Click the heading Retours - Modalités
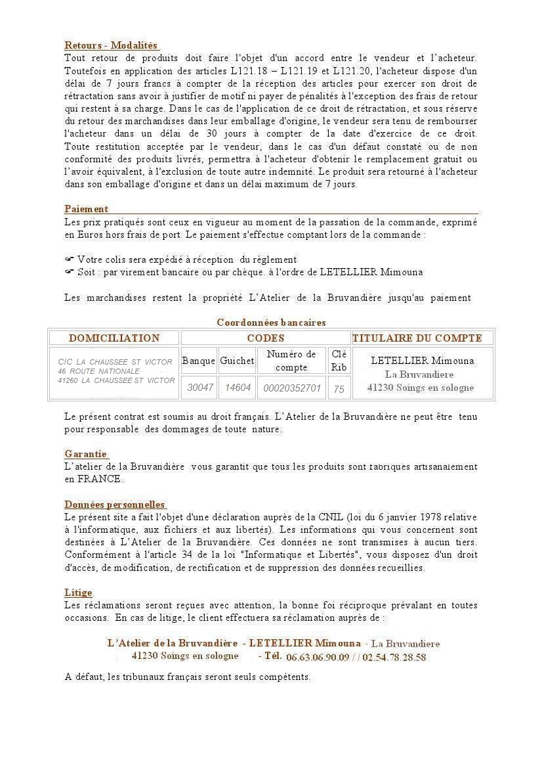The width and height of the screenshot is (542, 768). pyautogui.click(x=111, y=45)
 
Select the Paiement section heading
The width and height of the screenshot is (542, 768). pyautogui.click(x=86, y=209)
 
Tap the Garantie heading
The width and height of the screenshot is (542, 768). pyautogui.click(x=86, y=454)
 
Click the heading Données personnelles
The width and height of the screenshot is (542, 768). pyautogui.click(x=115, y=505)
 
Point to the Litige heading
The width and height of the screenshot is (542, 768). pyautogui.click(x=78, y=593)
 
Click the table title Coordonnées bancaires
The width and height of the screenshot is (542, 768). pyautogui.click(x=271, y=323)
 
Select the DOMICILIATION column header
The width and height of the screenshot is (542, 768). pyautogui.click(x=114, y=338)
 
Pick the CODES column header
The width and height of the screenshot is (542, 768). pyautogui.click(x=265, y=338)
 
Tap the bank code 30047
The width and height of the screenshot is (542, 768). pyautogui.click(x=200, y=388)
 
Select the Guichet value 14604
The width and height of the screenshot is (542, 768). pyautogui.click(x=238, y=388)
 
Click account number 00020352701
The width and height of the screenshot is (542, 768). pyautogui.click(x=292, y=388)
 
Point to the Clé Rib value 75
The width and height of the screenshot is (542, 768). pyautogui.click(x=339, y=389)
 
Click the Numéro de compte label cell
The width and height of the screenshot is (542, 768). pyautogui.click(x=291, y=361)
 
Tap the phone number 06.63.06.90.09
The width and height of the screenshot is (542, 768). pyautogui.click(x=318, y=657)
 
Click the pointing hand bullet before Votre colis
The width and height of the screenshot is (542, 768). pyautogui.click(x=69, y=260)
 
